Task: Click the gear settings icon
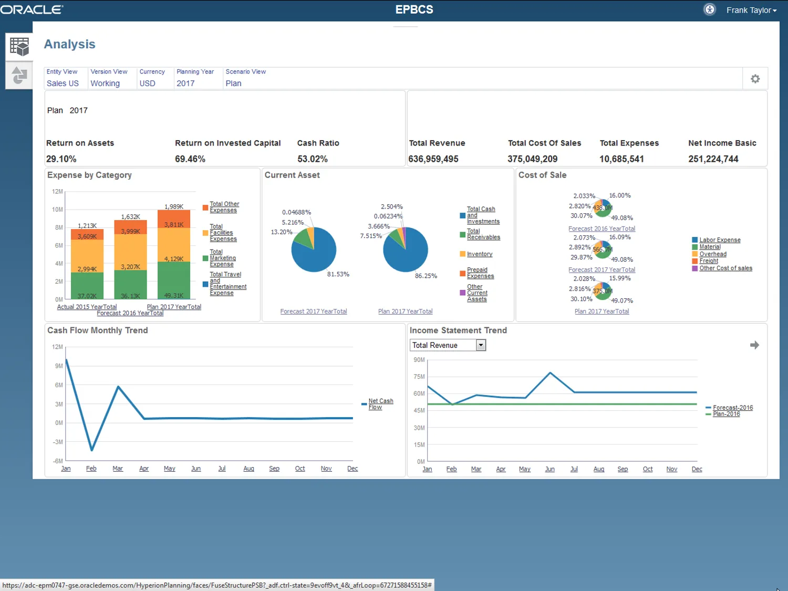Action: click(755, 79)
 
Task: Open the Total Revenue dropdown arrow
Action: click(480, 345)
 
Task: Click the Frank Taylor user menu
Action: click(751, 10)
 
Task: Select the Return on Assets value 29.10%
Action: click(61, 159)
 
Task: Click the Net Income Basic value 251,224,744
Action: click(713, 159)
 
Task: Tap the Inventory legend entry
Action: click(479, 254)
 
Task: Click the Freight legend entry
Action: click(708, 261)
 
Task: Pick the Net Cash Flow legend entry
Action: click(380, 404)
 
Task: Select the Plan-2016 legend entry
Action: click(726, 414)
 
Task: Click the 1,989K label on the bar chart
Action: click(174, 206)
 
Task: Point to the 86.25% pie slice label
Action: click(426, 276)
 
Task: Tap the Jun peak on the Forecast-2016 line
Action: click(550, 373)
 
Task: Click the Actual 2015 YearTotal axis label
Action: click(87, 307)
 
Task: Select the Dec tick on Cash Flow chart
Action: click(352, 469)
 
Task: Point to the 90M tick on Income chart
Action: click(419, 360)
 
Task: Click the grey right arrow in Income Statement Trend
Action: click(754, 345)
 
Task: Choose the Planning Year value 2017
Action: click(185, 84)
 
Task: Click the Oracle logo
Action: click(32, 9)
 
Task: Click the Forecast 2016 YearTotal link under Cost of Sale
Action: click(602, 229)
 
